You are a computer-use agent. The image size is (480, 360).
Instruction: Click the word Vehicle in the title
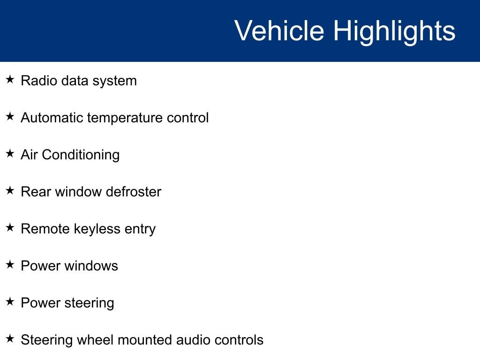pyautogui.click(x=279, y=30)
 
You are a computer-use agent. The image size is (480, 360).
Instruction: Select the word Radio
pyautogui.click(x=39, y=81)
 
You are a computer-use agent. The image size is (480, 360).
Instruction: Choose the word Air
pyautogui.click(x=29, y=155)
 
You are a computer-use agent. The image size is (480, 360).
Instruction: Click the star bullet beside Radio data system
pyautogui.click(x=10, y=79)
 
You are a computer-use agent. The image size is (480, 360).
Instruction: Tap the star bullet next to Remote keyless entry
pyautogui.click(x=10, y=227)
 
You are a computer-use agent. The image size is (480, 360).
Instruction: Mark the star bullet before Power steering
pyautogui.click(x=10, y=301)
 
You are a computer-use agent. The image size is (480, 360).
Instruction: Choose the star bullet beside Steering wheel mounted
pyautogui.click(x=10, y=338)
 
